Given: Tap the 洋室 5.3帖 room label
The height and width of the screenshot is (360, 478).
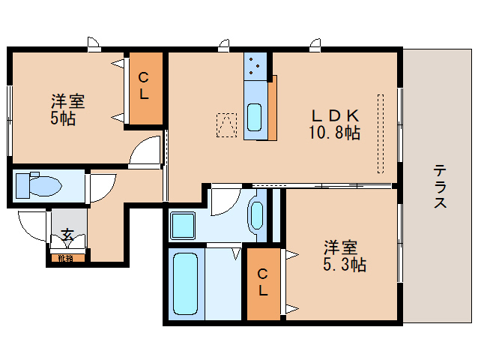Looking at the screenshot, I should coord(345,256).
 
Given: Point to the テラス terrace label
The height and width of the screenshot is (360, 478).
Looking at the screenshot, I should coord(440,187).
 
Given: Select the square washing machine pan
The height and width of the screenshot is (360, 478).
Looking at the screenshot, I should coord(183,225).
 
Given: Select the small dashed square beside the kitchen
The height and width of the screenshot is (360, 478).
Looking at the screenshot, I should coord(227,125).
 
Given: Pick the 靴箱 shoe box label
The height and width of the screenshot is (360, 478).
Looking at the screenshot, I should coord(65,259).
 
